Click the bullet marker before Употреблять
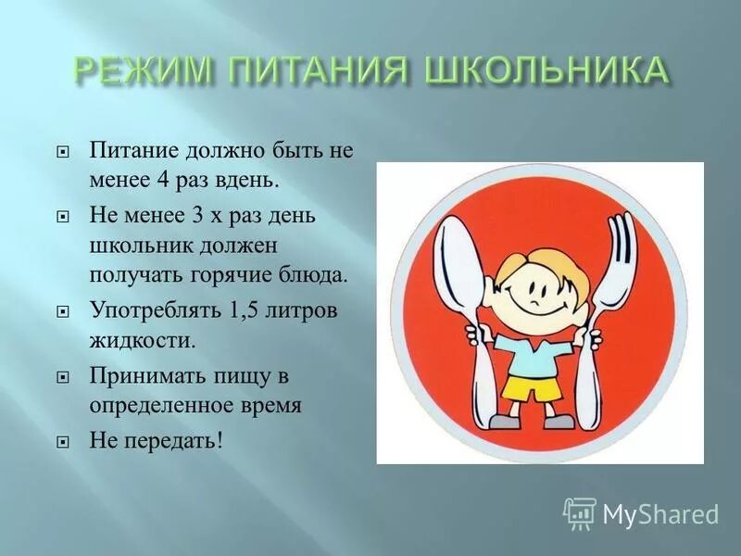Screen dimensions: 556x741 click(63, 311)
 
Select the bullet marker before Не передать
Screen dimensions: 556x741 click(63, 441)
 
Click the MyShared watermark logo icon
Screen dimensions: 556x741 click(580, 512)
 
